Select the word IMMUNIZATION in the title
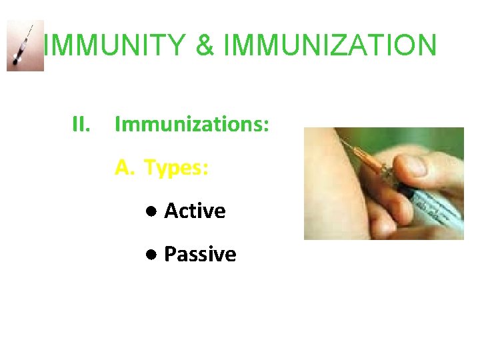pyautogui.click(x=330, y=45)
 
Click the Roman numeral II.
pyautogui.click(x=81, y=124)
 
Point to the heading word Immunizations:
pyautogui.click(x=192, y=124)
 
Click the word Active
pyautogui.click(x=195, y=211)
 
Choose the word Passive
pyautogui.click(x=200, y=255)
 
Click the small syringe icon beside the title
pyautogui.click(x=25, y=45)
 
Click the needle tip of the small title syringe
pyautogui.click(x=31, y=27)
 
